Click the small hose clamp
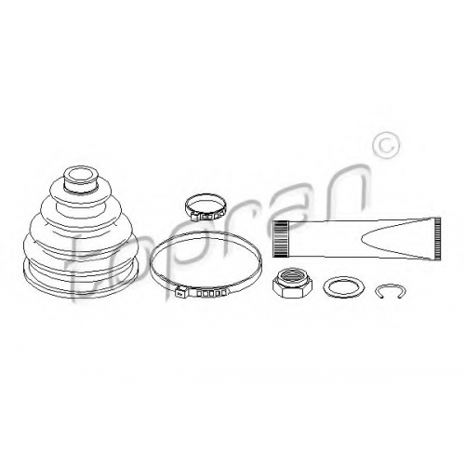[205, 207]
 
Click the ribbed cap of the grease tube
[281, 238]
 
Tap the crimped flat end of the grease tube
[437, 238]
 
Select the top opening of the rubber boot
[81, 176]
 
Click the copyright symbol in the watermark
[386, 145]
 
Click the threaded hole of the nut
[292, 275]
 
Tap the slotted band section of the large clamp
[212, 293]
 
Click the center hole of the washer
[343, 287]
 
